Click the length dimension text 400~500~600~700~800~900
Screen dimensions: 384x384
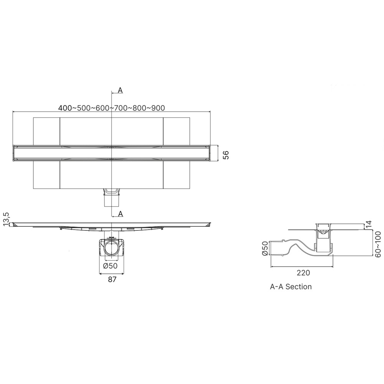coord(111,108)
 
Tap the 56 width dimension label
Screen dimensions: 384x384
coord(226,155)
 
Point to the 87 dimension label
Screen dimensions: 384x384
coord(112,280)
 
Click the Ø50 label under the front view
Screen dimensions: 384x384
coord(111,266)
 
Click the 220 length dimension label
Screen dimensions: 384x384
coord(303,273)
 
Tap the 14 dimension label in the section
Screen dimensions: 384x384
coord(369,225)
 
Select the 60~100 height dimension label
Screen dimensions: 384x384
coord(378,244)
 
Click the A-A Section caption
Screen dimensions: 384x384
coord(291,286)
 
